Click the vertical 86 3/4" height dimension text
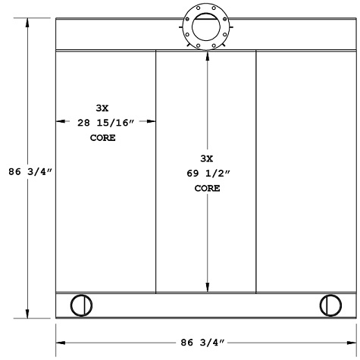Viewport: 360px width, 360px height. point(27,172)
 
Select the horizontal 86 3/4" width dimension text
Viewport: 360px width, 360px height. point(205,342)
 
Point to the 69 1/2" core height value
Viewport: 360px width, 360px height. point(207,174)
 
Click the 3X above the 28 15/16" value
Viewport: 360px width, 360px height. point(102,107)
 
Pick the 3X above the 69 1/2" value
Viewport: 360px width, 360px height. point(207,158)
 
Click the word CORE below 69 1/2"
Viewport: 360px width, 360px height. point(207,188)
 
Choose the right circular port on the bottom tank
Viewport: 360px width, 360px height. point(330,305)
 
